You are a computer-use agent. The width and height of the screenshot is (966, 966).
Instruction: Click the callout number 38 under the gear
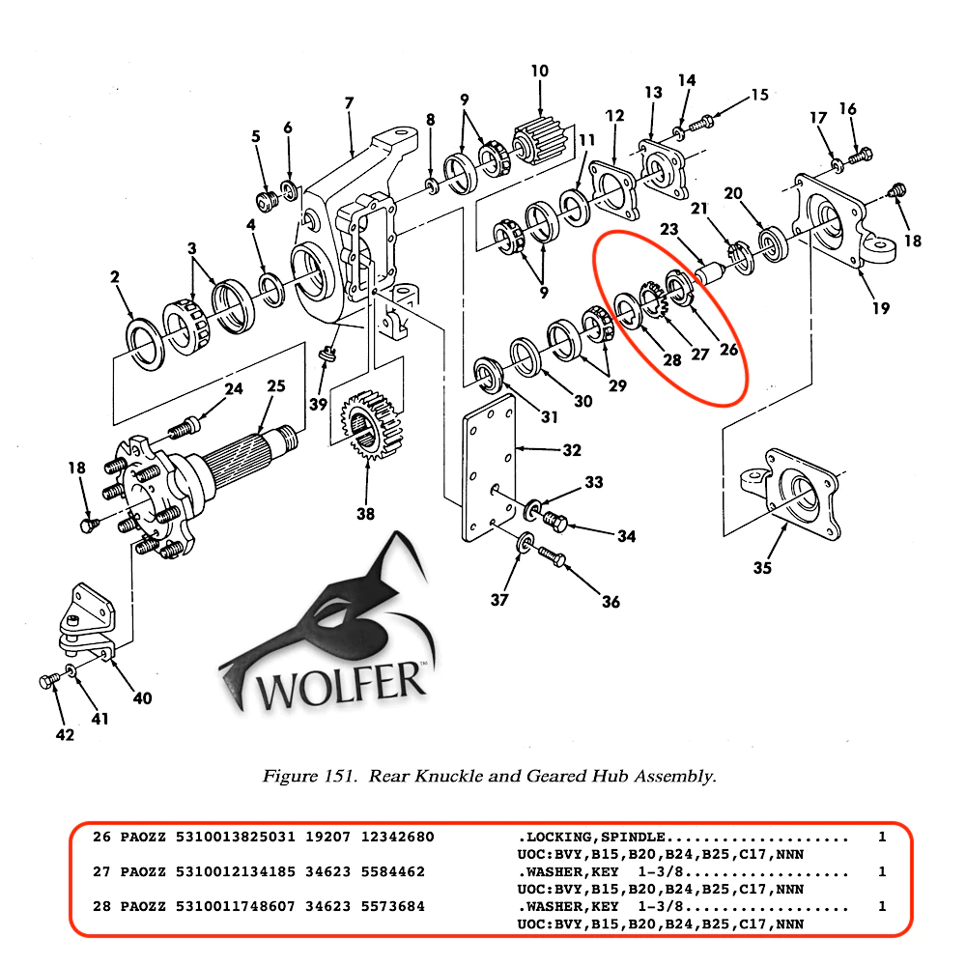click(x=365, y=514)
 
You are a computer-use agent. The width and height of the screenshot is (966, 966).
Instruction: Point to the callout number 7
click(x=349, y=102)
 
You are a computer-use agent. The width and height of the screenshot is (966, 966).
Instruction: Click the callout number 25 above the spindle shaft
click(x=276, y=386)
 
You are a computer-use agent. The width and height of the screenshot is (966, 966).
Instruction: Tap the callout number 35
click(x=762, y=567)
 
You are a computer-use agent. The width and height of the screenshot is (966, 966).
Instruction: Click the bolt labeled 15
click(x=702, y=121)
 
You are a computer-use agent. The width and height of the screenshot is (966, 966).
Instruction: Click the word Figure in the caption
click(x=287, y=776)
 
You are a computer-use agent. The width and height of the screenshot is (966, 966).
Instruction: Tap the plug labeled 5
click(x=263, y=200)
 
